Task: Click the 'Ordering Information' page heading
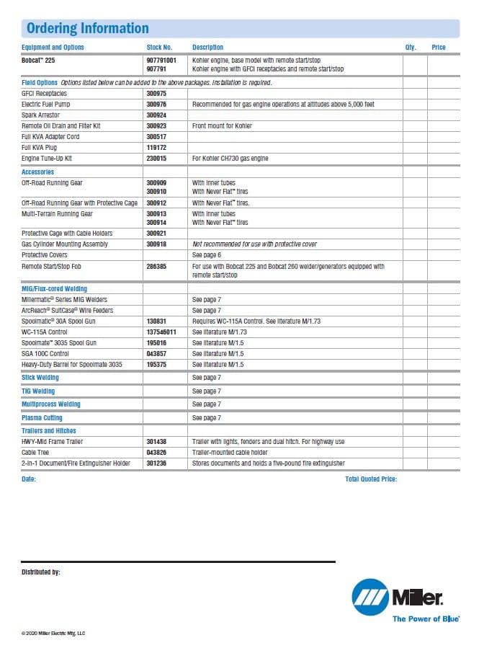[x=87, y=28]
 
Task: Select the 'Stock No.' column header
[x=159, y=48]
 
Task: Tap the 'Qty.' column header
[x=411, y=48]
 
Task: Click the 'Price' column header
[x=439, y=48]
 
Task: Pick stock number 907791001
[x=161, y=61]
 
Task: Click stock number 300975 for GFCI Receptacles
[x=156, y=94]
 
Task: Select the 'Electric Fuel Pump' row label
[x=46, y=105]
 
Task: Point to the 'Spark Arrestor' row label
[x=41, y=115]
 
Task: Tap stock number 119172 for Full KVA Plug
[x=156, y=147]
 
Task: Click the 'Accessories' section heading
[x=38, y=172]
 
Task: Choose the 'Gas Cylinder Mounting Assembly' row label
[x=65, y=244]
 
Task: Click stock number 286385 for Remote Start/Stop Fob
[x=156, y=267]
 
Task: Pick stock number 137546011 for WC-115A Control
[x=161, y=332]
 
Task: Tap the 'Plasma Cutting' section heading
[x=42, y=418]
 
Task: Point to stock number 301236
[x=156, y=463]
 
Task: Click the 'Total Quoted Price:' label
[x=371, y=479]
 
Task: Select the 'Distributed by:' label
[x=41, y=572]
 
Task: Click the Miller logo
[x=398, y=598]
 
